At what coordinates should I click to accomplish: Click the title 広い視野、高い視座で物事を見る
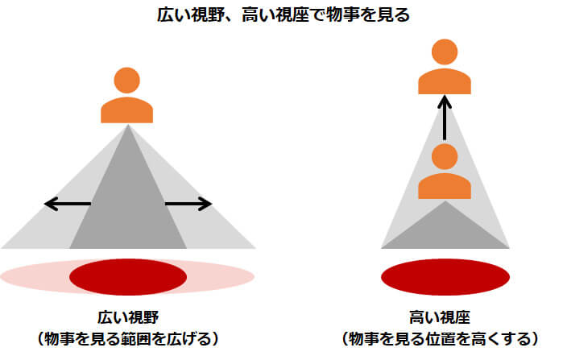[283, 15]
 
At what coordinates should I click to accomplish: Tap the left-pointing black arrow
[68, 204]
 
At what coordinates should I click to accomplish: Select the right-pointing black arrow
[188, 204]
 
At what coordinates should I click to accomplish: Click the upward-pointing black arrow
[445, 118]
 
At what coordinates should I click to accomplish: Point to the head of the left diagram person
[127, 81]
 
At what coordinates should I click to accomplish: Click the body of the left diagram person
[127, 110]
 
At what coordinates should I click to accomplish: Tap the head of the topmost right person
[445, 52]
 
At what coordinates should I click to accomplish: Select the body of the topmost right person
[445, 81]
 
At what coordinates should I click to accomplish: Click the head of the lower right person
[445, 156]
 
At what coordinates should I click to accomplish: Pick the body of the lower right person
[445, 186]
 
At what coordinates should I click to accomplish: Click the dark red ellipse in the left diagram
[128, 277]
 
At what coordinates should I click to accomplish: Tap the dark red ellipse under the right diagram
[445, 277]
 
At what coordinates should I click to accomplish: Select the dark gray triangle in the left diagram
[128, 202]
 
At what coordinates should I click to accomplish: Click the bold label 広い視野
[128, 317]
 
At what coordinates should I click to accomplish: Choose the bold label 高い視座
[440, 317]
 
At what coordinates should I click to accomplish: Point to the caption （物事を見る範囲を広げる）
[128, 339]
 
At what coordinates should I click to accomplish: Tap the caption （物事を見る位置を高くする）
[440, 339]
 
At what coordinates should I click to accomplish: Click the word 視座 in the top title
[292, 15]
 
